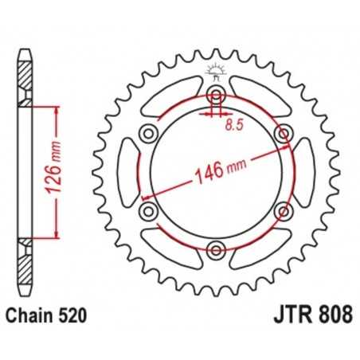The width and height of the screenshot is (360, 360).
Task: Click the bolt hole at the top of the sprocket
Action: pos(215,96)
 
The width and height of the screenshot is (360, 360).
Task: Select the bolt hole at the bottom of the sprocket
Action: pos(215,251)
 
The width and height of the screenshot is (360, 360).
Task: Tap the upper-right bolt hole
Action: pos(282,134)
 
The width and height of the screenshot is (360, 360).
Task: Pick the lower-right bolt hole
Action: pos(282,211)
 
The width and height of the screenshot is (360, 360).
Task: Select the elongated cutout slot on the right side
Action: pos(301,173)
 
